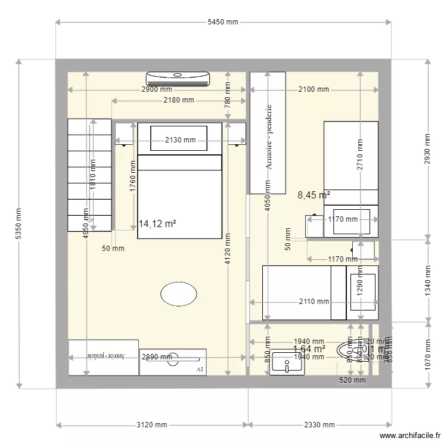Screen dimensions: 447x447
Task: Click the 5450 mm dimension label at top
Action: (x=223, y=22)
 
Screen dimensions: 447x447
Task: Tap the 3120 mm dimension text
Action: (x=152, y=425)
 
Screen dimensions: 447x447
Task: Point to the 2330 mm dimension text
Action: (x=320, y=425)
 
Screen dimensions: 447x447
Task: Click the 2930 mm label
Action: (x=427, y=149)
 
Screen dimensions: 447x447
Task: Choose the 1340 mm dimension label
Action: (x=427, y=280)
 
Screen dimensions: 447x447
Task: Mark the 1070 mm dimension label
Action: (x=427, y=355)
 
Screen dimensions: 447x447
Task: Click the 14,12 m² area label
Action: (x=157, y=223)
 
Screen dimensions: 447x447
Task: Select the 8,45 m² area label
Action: (x=313, y=194)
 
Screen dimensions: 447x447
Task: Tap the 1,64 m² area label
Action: (x=309, y=349)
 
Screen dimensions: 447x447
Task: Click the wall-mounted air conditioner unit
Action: (x=178, y=77)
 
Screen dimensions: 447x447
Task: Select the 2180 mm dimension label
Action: (x=179, y=100)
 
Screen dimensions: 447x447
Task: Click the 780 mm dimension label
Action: (x=227, y=92)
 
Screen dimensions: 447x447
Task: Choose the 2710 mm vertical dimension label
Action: (x=360, y=155)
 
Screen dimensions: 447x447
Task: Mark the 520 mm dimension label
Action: (x=352, y=380)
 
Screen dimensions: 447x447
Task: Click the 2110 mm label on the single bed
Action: (x=314, y=302)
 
